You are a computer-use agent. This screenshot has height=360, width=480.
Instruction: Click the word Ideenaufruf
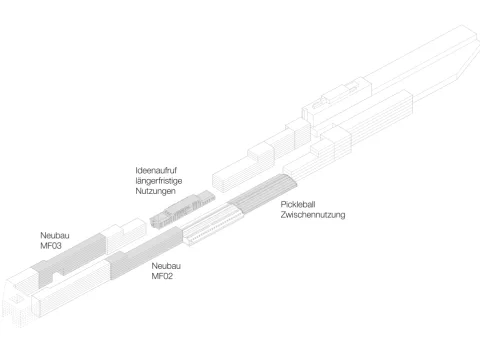tap(157, 170)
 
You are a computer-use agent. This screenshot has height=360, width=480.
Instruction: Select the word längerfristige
tap(160, 180)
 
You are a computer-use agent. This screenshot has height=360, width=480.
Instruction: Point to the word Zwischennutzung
tap(313, 214)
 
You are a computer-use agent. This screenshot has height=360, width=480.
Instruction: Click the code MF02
tap(163, 276)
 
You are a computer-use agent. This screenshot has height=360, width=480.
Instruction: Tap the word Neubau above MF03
tap(56, 234)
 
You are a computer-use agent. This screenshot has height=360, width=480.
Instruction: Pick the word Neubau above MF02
tap(166, 266)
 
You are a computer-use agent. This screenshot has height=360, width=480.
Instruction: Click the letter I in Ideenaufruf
tap(137, 170)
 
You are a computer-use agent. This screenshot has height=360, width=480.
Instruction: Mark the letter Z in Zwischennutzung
tap(284, 214)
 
